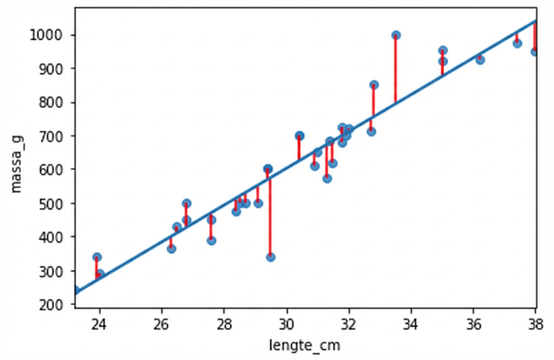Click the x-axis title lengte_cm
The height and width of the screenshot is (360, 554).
click(x=305, y=345)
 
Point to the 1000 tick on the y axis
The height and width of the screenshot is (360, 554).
click(x=52, y=35)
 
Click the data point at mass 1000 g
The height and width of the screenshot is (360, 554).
click(x=396, y=35)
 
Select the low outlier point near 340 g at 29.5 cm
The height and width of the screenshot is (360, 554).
click(x=271, y=257)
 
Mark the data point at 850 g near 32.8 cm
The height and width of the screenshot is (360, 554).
click(x=374, y=85)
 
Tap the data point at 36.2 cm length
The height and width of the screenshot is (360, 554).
click(x=480, y=60)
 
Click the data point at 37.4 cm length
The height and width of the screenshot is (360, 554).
click(x=517, y=43)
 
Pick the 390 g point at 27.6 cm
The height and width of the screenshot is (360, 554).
click(x=211, y=241)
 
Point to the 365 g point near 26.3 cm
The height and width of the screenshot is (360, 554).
click(x=171, y=249)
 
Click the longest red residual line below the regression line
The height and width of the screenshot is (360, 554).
click(x=270, y=216)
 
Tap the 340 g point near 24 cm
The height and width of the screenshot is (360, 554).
click(x=97, y=257)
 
